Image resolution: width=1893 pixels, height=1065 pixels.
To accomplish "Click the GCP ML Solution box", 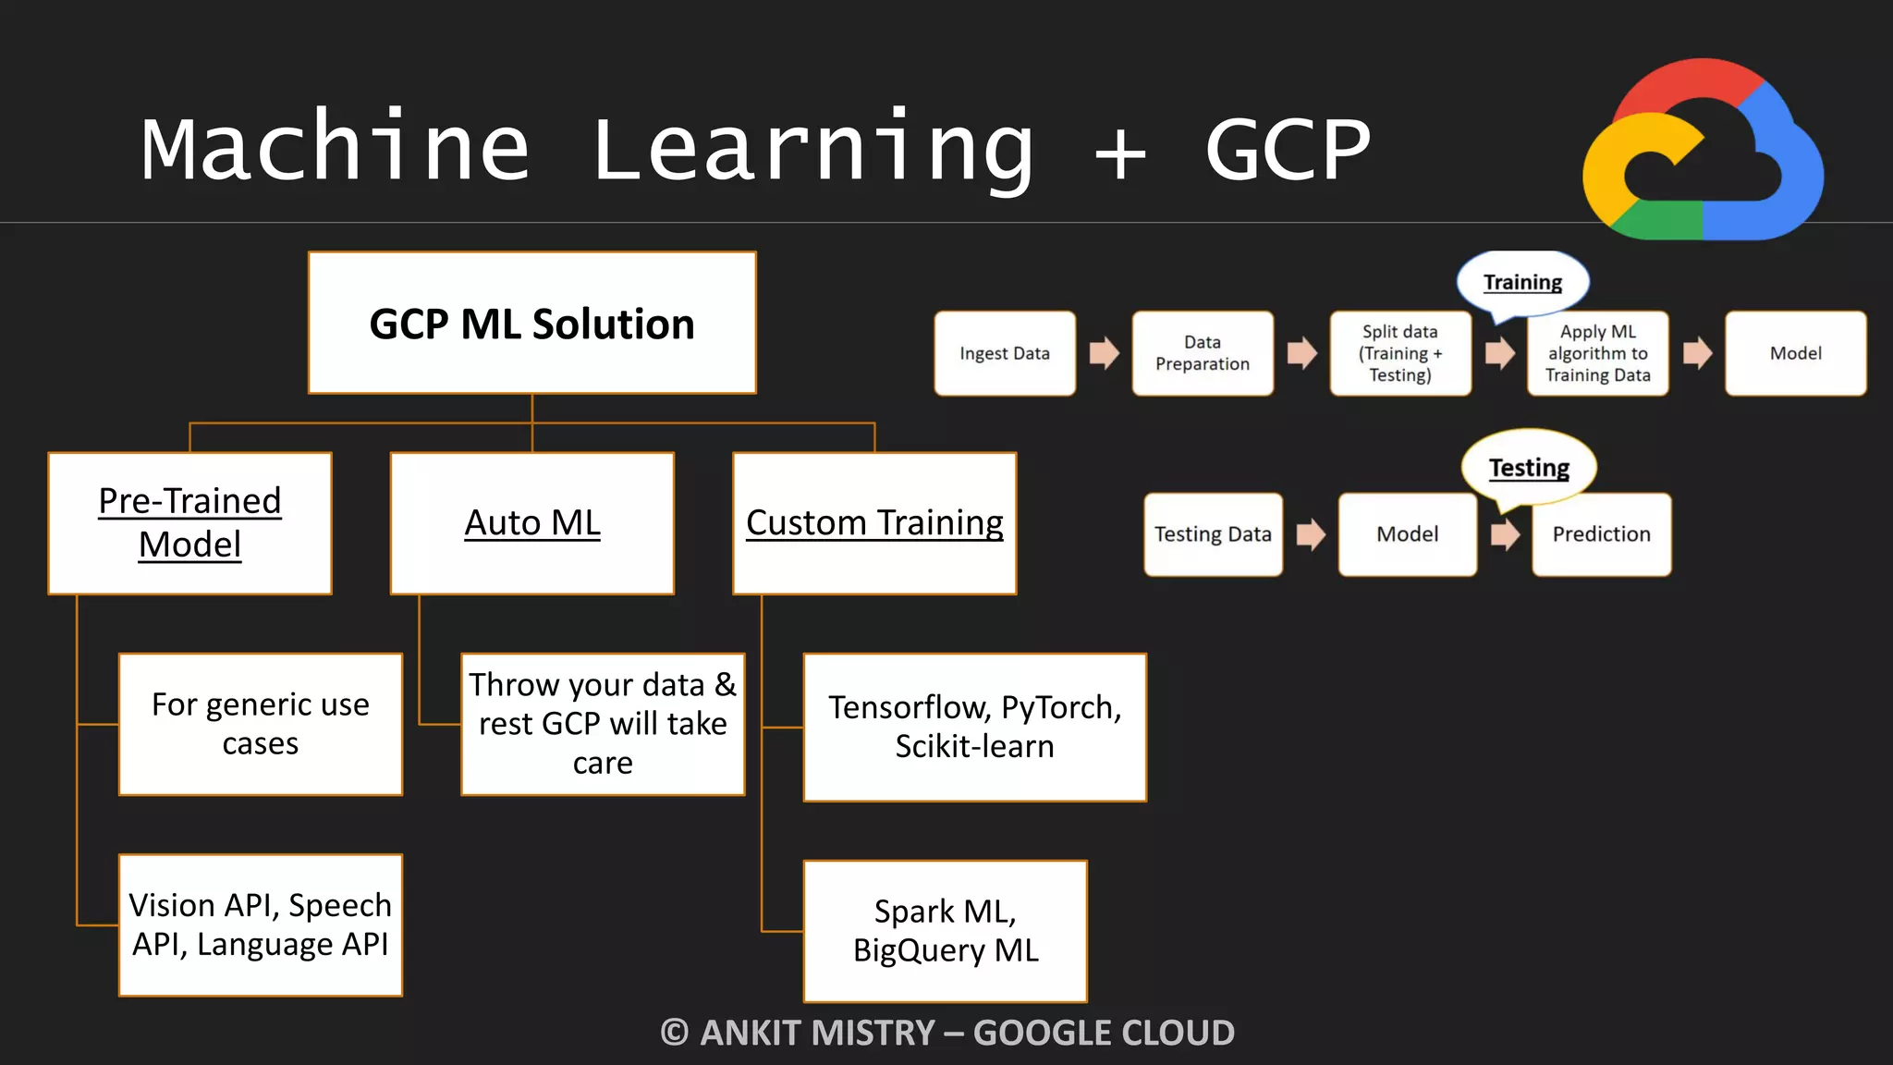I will pos(532,323).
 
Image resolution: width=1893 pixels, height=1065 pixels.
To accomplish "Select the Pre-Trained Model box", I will pos(189,523).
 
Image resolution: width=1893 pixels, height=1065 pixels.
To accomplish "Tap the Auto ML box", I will pos(532,523).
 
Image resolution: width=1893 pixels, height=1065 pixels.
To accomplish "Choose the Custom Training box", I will pos(874,523).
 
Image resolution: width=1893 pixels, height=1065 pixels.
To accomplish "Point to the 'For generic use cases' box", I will pos(261,724).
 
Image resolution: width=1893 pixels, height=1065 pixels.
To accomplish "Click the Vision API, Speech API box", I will pos(261,924).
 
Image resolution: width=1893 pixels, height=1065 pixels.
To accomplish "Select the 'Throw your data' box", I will pos(603,724).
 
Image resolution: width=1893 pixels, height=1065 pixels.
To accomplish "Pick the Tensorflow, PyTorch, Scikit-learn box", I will pos(975,727).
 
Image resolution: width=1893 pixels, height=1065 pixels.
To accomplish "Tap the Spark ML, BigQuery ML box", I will pos(946,931).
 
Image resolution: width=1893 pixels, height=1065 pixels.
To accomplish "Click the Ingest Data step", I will pos(1005,353).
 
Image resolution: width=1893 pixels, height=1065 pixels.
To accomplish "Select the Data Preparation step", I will pos(1203,353).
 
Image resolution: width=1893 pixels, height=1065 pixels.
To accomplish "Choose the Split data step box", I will pos(1400,353).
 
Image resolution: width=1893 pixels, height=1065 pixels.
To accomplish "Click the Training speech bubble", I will pos(1522,282).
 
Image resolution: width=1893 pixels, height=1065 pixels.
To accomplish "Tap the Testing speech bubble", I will pos(1529,468).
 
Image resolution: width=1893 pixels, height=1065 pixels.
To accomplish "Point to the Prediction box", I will pos(1601,534).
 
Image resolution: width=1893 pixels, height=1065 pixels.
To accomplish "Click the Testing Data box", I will pos(1213,534).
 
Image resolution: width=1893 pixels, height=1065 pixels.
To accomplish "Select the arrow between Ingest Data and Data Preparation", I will pos(1104,353).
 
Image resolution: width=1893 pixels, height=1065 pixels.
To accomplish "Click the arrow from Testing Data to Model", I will pos(1311,534).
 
